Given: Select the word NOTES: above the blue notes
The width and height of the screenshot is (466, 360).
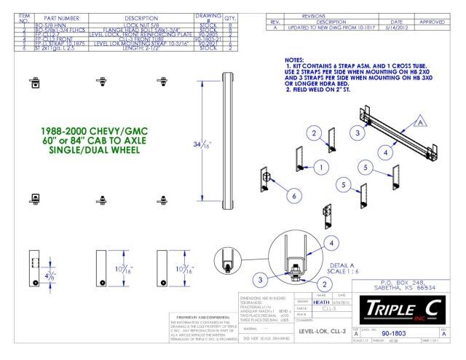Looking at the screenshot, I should (296, 60).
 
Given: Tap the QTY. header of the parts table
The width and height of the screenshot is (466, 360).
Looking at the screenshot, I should (211, 18).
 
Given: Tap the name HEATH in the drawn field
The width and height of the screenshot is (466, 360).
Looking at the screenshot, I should (321, 302).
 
